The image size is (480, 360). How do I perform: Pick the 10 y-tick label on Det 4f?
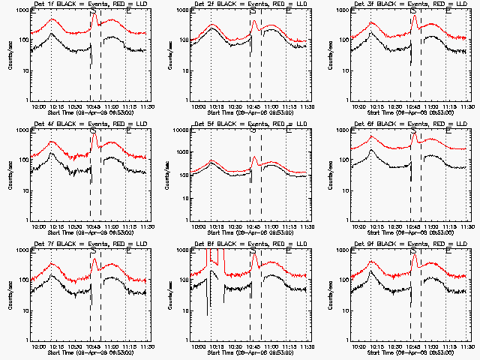pos(22,190)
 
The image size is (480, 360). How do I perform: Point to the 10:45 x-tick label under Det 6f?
pos(412,227)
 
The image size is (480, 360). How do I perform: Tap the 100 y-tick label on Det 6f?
pos(342,160)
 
